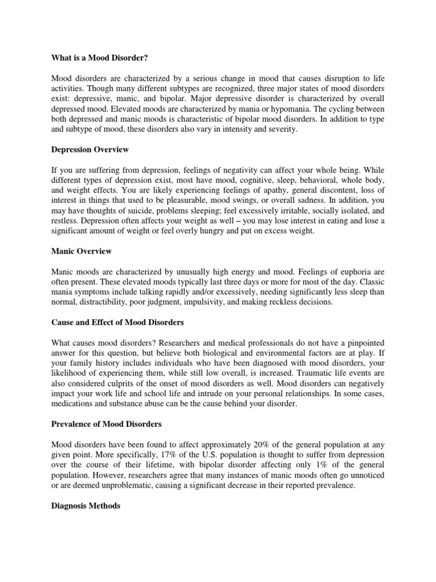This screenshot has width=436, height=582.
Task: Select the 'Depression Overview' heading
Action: [x=90, y=149]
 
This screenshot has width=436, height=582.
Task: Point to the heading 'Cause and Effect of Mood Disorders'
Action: [x=118, y=322]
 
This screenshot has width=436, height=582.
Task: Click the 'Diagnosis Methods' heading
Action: [x=86, y=506]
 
